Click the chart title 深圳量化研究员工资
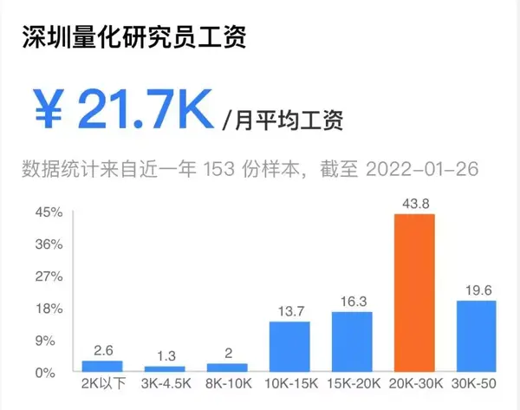pyautogui.click(x=133, y=39)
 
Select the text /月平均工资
pyautogui.click(x=282, y=120)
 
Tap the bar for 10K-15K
pyautogui.click(x=289, y=347)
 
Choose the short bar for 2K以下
pyautogui.click(x=102, y=367)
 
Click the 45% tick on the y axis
pyautogui.click(x=49, y=212)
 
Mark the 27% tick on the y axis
pyautogui.click(x=49, y=277)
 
